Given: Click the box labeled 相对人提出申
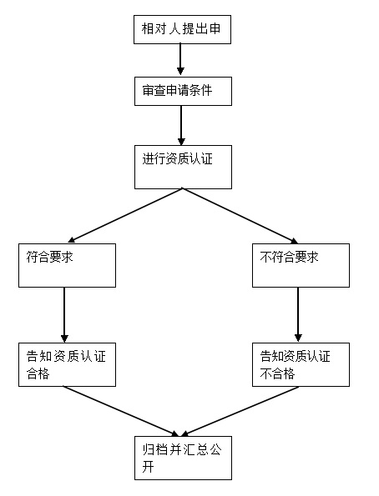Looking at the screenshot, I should (x=181, y=30).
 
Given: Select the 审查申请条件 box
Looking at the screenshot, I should (x=181, y=91).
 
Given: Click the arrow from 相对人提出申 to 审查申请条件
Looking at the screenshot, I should (x=181, y=61).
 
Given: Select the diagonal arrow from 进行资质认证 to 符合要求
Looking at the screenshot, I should (x=125, y=215).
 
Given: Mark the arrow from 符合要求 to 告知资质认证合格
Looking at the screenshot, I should (x=65, y=314).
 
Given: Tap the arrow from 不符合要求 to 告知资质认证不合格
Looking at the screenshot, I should (x=298, y=314).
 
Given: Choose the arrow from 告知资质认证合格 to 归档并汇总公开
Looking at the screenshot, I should (x=121, y=411).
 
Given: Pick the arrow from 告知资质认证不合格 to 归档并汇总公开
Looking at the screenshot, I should (x=242, y=411).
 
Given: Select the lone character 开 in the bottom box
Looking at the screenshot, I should (x=148, y=467).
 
